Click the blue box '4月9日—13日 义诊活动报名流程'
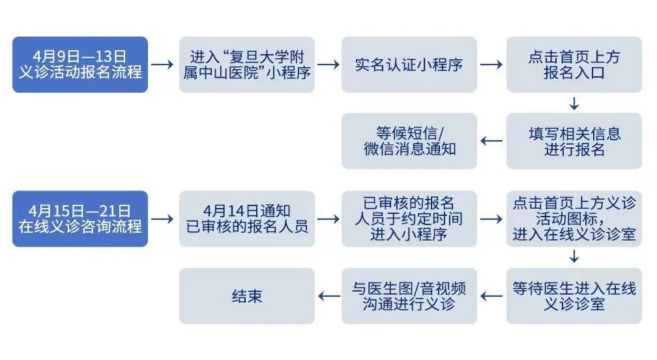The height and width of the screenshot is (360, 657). [x=80, y=65]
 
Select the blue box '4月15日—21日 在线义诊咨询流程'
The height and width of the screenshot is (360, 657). [x=80, y=219]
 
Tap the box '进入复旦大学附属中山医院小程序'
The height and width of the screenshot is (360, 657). [x=246, y=65]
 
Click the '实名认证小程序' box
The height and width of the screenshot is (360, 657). [x=409, y=65]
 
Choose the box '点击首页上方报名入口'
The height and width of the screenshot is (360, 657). [x=574, y=65]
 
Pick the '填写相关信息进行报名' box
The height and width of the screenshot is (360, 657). [x=574, y=142]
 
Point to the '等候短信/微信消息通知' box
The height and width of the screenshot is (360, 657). [x=409, y=142]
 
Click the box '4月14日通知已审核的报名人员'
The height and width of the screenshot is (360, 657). [x=246, y=219]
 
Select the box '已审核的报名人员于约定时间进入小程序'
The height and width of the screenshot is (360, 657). [x=409, y=219]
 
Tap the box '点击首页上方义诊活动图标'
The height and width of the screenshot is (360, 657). [x=574, y=219]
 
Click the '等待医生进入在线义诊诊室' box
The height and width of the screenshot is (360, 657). [x=574, y=296]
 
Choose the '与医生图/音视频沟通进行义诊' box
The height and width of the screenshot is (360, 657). [x=409, y=296]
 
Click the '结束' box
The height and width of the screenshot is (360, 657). [x=246, y=296]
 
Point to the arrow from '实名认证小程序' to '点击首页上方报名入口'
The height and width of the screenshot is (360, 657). [x=491, y=65]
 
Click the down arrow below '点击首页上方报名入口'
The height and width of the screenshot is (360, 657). [x=574, y=103]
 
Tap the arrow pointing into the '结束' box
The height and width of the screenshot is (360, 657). [x=328, y=296]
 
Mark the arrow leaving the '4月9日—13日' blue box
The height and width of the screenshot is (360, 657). [x=163, y=65]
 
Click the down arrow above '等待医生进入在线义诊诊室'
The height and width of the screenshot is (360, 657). [x=574, y=257]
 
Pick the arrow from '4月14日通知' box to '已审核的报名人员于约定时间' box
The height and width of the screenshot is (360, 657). [x=328, y=219]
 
